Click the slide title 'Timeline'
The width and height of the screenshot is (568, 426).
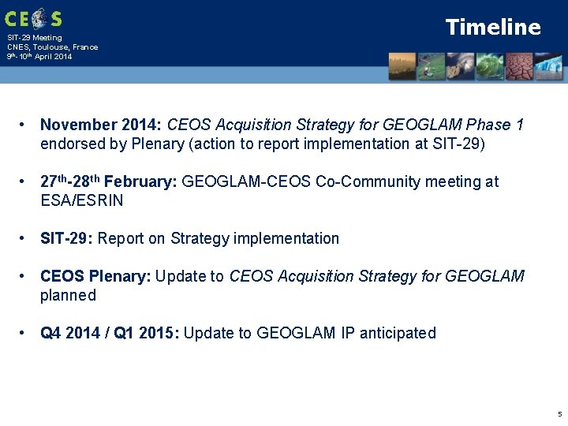point(493,27)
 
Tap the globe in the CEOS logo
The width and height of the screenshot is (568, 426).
point(36,18)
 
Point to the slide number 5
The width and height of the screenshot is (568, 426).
point(559,413)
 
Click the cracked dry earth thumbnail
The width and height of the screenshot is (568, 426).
point(520,66)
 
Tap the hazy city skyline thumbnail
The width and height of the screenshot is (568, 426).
point(402,66)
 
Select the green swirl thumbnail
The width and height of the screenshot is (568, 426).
point(491,66)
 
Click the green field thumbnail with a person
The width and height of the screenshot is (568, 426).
point(432,66)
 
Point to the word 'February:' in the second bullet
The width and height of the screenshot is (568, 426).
point(145,181)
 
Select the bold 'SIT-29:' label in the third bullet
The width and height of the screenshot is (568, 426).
point(67,238)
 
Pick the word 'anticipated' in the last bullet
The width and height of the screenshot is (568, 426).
point(398,333)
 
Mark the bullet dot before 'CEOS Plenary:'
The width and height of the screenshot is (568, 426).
point(25,276)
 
